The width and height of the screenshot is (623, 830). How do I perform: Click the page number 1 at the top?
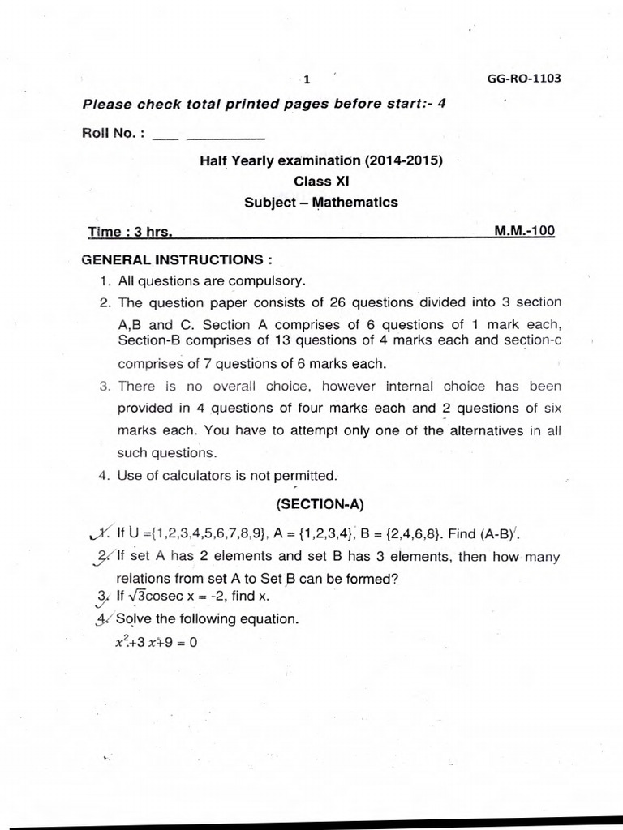(307, 79)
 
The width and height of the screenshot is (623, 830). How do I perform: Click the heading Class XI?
(320, 182)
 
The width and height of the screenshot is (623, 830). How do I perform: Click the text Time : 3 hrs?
(130, 231)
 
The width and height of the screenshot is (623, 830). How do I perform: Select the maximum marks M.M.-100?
(524, 231)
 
